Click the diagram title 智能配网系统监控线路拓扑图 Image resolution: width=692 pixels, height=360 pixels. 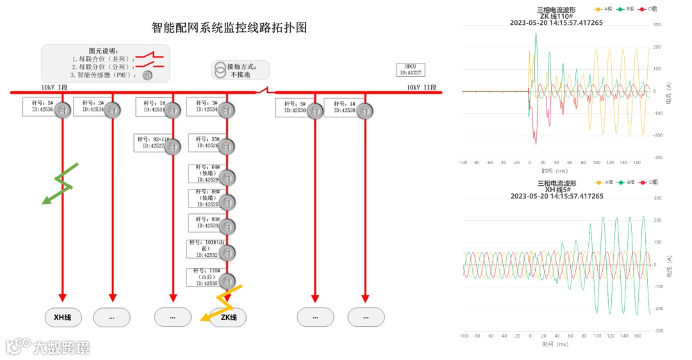coord(229,28)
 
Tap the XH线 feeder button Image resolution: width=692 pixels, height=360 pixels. coord(63,317)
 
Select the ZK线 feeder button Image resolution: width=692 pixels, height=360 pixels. coord(228,317)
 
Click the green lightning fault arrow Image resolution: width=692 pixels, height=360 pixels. coord(59,184)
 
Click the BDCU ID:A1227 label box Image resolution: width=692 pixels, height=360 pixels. coord(410,70)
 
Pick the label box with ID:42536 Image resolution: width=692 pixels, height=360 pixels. coord(38,106)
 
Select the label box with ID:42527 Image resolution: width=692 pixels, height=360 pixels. coord(151,143)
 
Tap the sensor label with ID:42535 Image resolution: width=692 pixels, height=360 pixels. coord(204,277)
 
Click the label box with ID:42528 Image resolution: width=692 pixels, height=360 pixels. coord(340,107)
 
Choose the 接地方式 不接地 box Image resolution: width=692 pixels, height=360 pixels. coord(241,70)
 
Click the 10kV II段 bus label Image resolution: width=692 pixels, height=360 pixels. coord(421,88)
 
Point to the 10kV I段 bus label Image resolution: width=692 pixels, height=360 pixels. coord(54,88)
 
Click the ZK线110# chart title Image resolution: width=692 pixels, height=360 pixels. coord(556,17)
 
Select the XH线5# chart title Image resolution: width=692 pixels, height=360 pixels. coord(556,190)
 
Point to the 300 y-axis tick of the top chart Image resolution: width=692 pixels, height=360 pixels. coord(657,25)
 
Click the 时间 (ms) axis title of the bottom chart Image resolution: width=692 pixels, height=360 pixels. coord(555,344)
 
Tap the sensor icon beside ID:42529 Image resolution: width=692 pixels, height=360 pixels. coord(227,177)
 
